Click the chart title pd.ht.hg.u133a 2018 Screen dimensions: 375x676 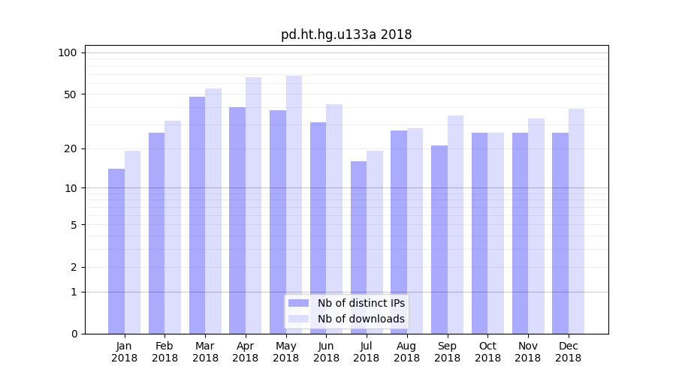(x=346, y=34)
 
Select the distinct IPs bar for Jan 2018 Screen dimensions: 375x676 (x=116, y=251)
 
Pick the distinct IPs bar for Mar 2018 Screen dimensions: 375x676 (x=197, y=215)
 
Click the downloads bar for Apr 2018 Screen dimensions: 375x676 (x=253, y=205)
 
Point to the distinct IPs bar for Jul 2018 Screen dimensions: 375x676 (x=358, y=247)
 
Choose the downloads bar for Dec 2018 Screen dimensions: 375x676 (x=576, y=221)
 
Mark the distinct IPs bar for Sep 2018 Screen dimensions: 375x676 (x=439, y=240)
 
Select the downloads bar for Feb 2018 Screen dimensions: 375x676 (x=173, y=227)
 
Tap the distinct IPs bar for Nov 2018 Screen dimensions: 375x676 (x=520, y=233)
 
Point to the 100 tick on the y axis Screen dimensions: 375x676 (x=68, y=52)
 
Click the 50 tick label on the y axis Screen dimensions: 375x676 (x=71, y=94)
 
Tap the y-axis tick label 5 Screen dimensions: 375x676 (x=74, y=224)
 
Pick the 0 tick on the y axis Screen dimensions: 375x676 (x=74, y=334)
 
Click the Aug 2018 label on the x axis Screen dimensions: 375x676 (x=407, y=352)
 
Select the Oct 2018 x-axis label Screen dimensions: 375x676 (x=487, y=352)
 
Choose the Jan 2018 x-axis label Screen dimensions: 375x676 (x=125, y=352)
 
